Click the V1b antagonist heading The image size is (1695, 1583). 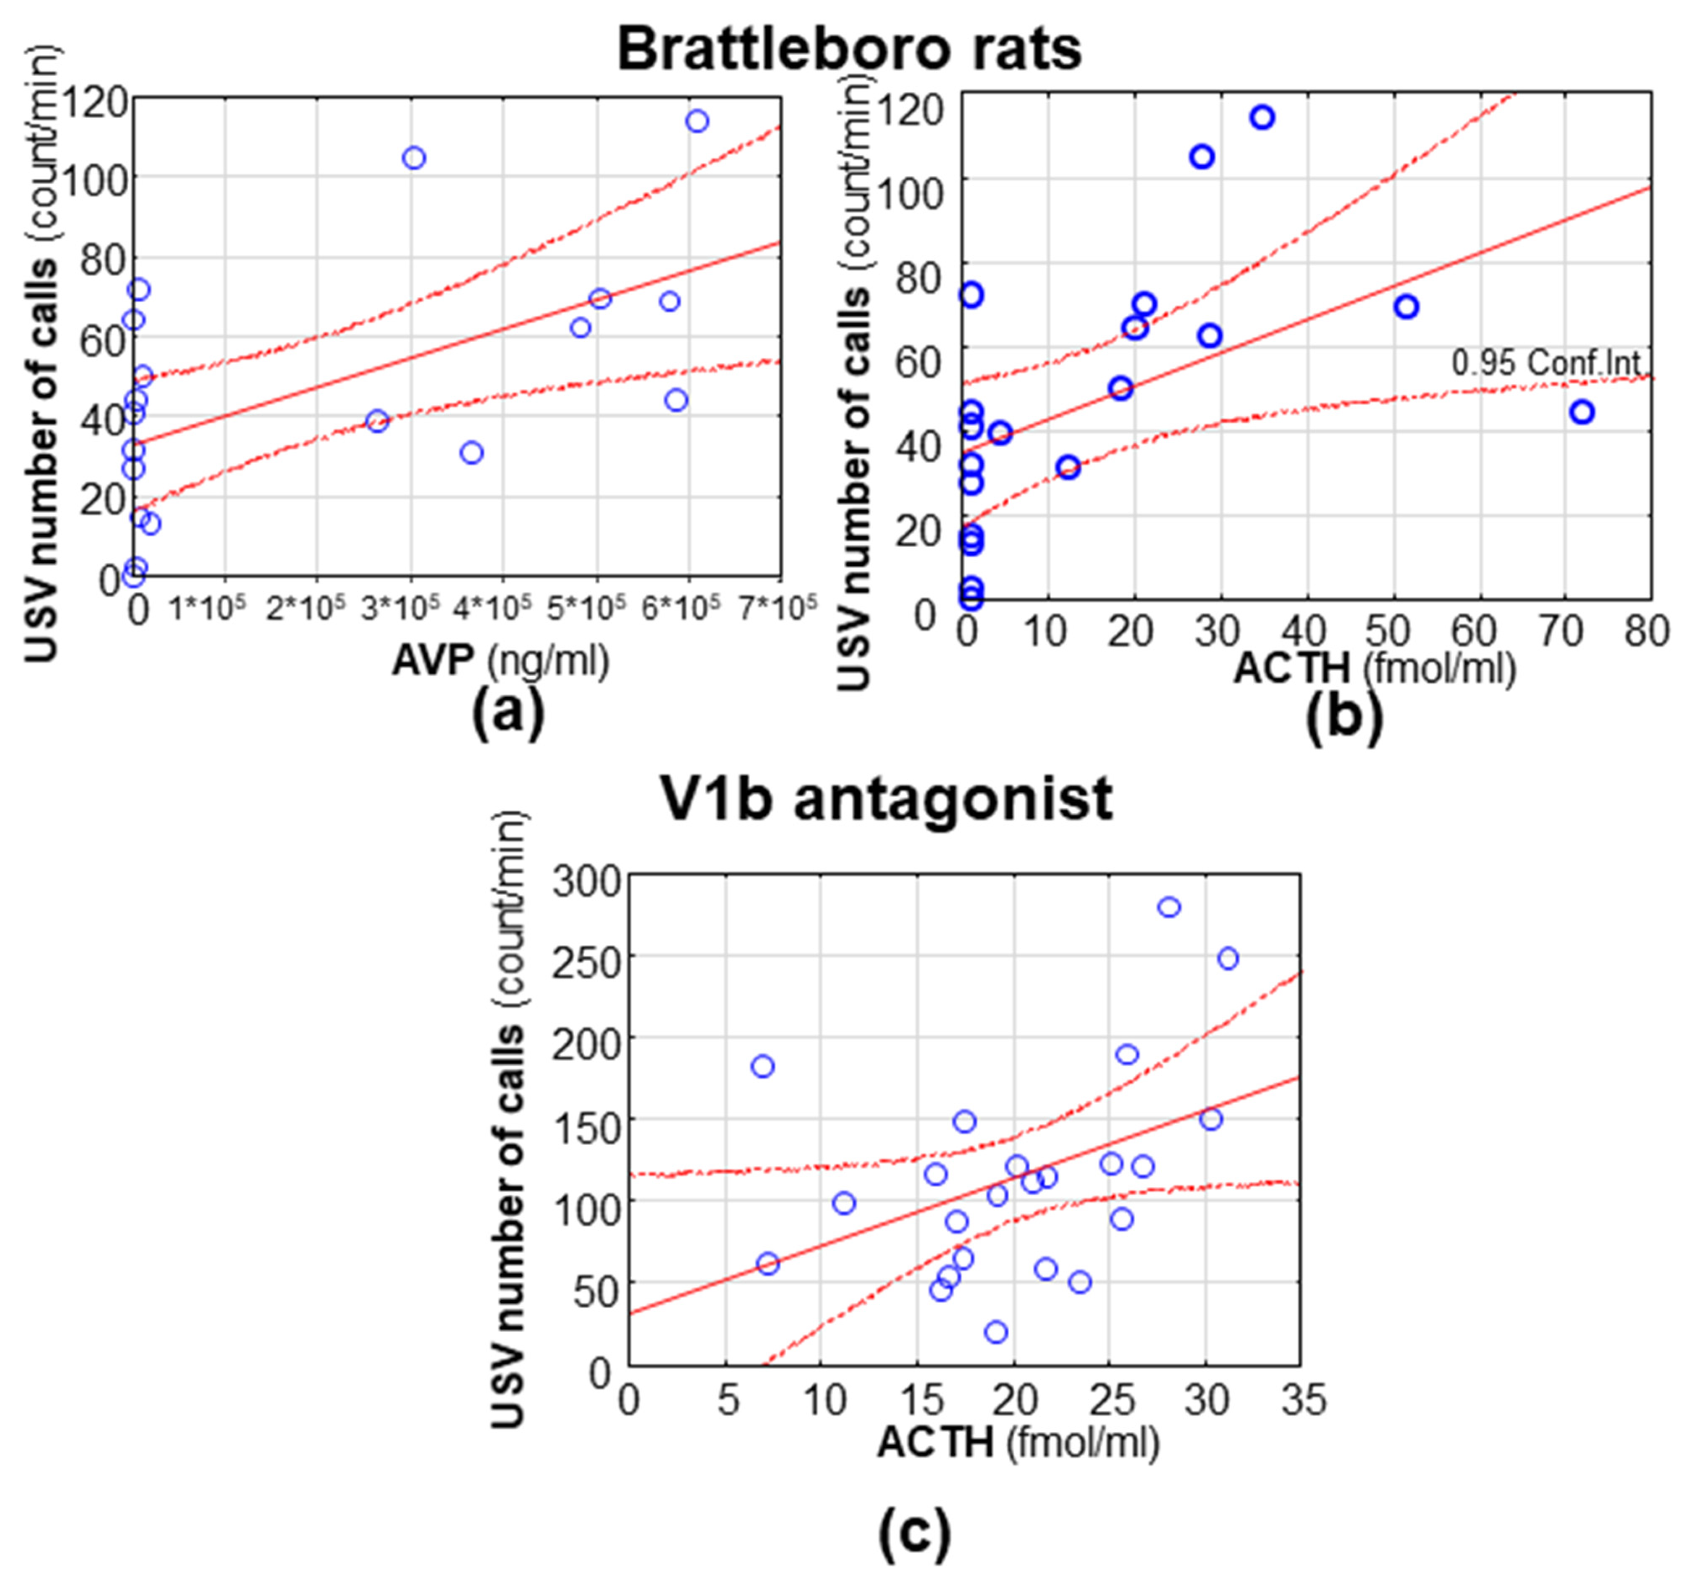[887, 799]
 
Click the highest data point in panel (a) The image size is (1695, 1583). [697, 121]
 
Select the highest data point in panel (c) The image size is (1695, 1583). [1169, 907]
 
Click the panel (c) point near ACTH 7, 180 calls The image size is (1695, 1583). [763, 1066]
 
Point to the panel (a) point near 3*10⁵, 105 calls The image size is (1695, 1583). [415, 158]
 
